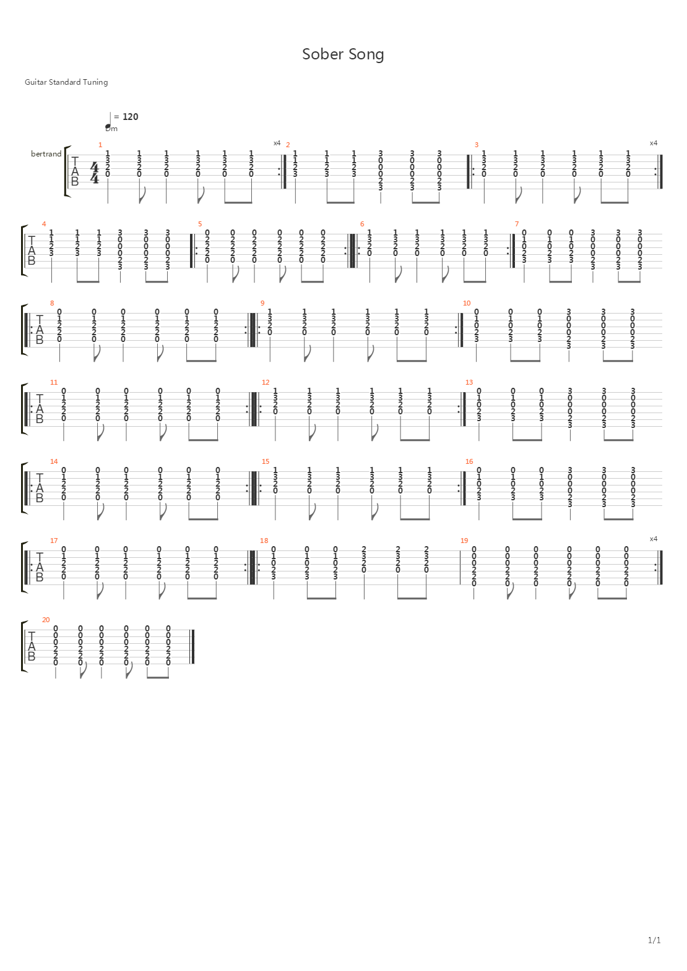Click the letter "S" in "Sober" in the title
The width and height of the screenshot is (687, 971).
[306, 54]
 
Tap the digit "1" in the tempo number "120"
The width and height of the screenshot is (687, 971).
[125, 117]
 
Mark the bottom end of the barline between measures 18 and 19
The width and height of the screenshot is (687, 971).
[460, 584]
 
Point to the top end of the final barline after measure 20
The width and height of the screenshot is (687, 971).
[192, 630]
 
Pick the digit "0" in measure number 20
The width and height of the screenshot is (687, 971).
[48, 620]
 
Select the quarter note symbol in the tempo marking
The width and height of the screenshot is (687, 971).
[109, 121]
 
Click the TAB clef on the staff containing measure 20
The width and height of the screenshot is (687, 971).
[31, 646]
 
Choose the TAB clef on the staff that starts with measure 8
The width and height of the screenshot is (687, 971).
[40, 330]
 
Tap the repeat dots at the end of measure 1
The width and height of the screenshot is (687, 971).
[279, 172]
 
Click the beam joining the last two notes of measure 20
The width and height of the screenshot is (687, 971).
[158, 677]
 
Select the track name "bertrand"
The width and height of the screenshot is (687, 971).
[46, 154]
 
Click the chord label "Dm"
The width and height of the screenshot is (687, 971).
[112, 129]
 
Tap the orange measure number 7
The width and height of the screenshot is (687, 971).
[517, 224]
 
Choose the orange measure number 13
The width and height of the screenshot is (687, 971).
[469, 382]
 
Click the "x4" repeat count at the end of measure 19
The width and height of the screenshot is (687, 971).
[653, 539]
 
